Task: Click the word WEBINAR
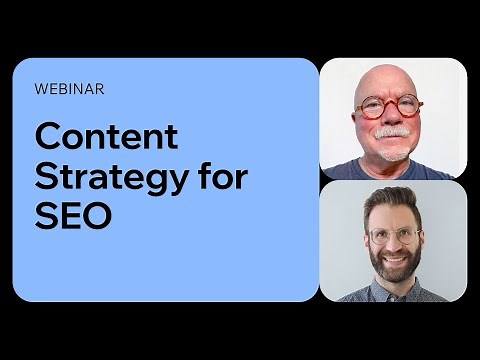coord(69,88)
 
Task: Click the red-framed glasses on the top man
coord(390,108)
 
